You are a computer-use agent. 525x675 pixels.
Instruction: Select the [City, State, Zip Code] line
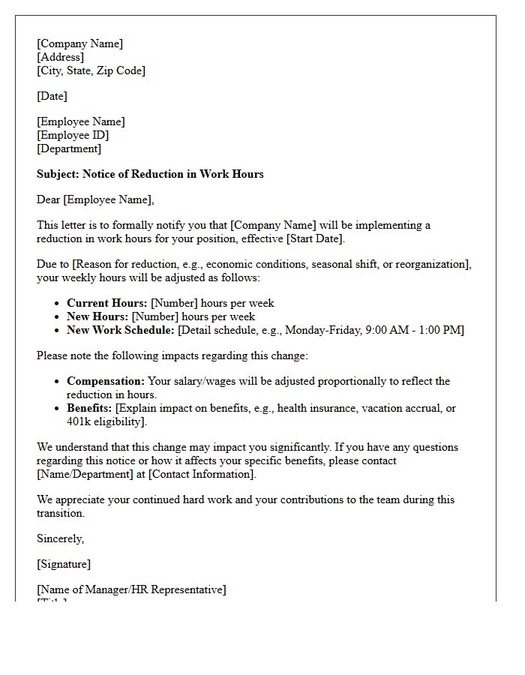click(91, 70)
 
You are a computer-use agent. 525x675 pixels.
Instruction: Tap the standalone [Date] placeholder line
click(52, 96)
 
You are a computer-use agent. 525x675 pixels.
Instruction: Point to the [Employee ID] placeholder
click(73, 135)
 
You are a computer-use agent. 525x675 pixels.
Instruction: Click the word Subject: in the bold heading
click(58, 174)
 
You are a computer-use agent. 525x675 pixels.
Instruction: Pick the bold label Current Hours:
click(106, 303)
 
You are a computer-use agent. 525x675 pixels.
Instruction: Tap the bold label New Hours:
click(97, 316)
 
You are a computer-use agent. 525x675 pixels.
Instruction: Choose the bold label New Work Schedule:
click(120, 330)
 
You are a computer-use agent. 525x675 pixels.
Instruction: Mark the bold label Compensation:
click(105, 381)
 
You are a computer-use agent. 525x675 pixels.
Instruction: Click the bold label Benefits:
click(88, 408)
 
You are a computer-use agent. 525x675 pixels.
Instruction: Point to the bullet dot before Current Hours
click(58, 304)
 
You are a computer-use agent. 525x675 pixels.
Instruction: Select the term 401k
click(79, 421)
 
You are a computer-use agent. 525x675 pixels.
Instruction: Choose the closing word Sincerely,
click(60, 538)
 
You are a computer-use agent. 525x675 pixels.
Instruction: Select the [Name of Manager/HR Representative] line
click(131, 589)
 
